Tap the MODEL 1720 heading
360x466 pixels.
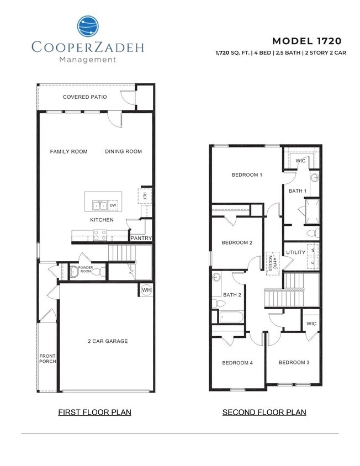click(x=307, y=41)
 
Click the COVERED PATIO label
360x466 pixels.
click(x=84, y=97)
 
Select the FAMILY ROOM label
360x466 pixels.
click(x=68, y=151)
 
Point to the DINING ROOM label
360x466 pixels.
click(x=123, y=151)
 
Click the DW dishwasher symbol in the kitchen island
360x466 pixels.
click(x=113, y=205)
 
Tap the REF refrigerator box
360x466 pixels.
click(x=145, y=195)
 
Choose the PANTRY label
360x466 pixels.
click(x=141, y=239)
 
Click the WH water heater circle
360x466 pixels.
click(x=146, y=290)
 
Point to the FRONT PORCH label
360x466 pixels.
click(x=47, y=359)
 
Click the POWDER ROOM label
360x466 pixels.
click(x=85, y=269)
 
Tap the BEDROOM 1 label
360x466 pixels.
click(x=247, y=175)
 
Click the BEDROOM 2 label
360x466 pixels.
click(x=237, y=242)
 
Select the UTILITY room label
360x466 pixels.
click(x=296, y=253)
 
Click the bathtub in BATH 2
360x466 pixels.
click(x=230, y=317)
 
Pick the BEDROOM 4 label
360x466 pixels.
click(x=237, y=363)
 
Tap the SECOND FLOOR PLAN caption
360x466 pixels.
click(x=264, y=412)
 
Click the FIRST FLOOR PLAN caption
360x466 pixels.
click(x=94, y=412)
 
